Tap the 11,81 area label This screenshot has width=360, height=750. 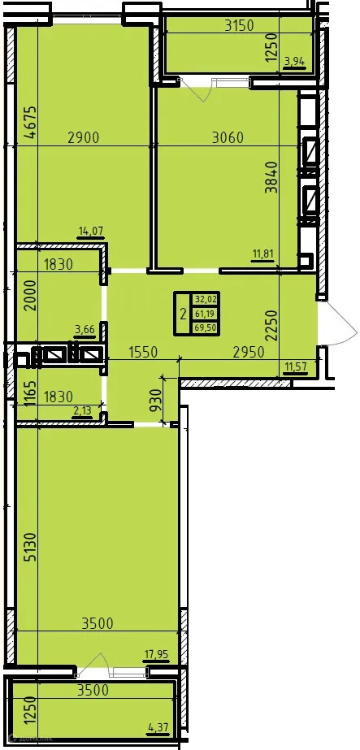[x=262, y=254]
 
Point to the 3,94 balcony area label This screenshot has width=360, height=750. [x=293, y=59]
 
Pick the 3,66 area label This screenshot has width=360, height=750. [x=85, y=329]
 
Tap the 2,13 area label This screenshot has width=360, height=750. [x=82, y=411]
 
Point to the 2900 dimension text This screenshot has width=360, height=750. [x=83, y=137]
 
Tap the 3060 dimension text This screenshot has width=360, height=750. [x=228, y=137]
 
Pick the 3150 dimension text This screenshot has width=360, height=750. [x=240, y=25]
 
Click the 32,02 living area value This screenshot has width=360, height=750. [x=204, y=299]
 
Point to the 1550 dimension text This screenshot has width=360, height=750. [x=145, y=353]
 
